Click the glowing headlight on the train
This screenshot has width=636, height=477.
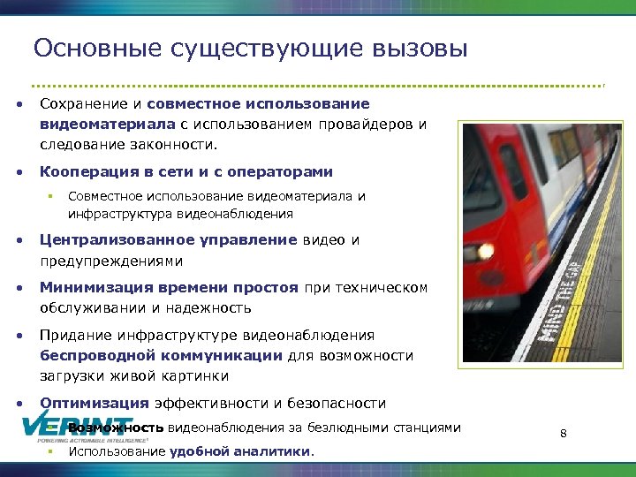point(485,251)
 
